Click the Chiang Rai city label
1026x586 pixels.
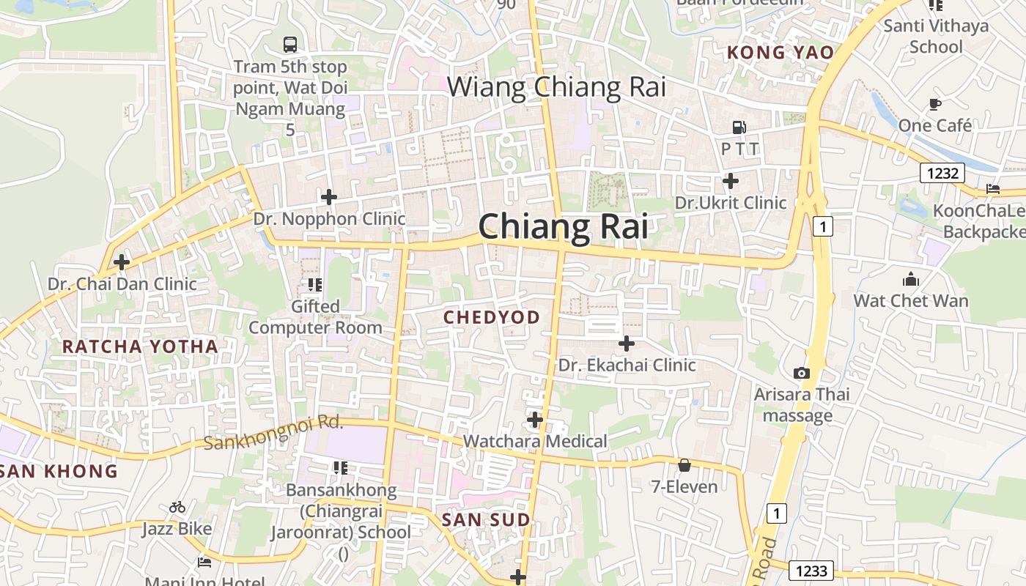coord(563,226)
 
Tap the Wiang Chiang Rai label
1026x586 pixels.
coord(556,87)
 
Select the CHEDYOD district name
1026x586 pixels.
coord(492,317)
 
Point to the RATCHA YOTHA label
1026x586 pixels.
coord(140,346)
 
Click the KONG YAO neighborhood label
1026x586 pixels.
coord(780,53)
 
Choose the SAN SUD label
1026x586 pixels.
coord(486,520)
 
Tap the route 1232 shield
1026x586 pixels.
coord(942,173)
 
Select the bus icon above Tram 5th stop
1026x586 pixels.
coord(290,44)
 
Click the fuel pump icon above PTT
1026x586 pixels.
coord(739,127)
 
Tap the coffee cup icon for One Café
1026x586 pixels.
coord(934,104)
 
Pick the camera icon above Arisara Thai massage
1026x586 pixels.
coord(802,373)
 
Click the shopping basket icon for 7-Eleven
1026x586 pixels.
coord(684,465)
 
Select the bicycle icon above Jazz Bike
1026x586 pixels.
coord(177,507)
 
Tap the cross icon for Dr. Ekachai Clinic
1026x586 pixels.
coord(627,343)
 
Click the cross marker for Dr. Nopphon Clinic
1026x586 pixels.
coord(329,196)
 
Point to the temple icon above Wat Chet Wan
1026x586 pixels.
coord(911,279)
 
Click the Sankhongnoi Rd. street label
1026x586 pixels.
coord(273,433)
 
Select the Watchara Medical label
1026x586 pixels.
coord(535,441)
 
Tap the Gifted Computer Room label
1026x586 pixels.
coord(315,316)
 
